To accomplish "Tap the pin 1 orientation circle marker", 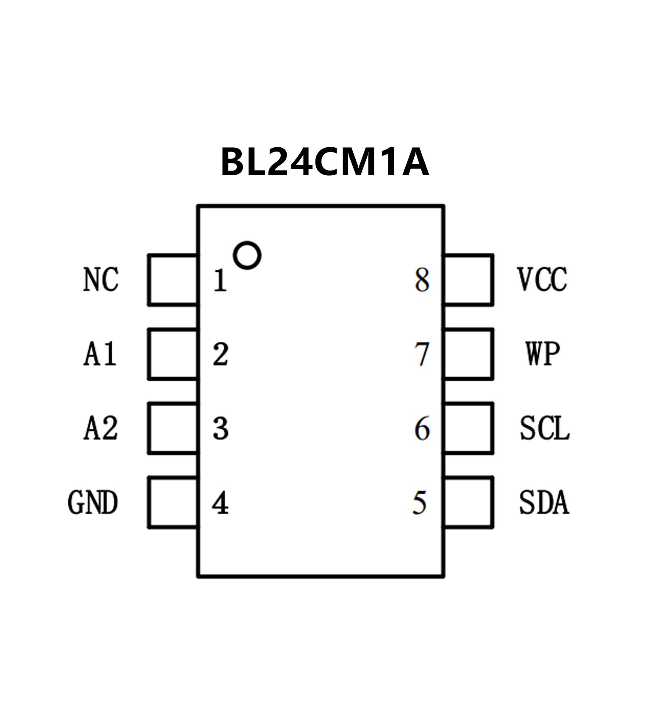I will point(247,256).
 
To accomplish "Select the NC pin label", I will point(101,280).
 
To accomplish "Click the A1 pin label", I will point(100,354).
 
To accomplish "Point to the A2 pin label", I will point(101,428).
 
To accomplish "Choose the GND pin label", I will point(93,503).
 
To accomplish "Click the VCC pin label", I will point(542,280).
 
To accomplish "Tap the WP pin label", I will point(543,354).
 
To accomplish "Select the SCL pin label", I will point(545,428).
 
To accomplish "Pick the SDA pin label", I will point(544,503).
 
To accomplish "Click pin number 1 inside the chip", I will point(220,280).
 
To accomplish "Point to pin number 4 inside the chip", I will point(220,503).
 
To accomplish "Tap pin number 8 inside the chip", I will point(422,280).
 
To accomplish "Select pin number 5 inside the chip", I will point(420,503).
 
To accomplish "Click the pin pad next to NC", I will point(173,280).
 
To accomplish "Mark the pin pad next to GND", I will point(173,503).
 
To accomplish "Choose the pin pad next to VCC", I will point(468,280).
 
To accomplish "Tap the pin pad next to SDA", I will point(468,503).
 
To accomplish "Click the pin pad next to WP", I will point(468,354).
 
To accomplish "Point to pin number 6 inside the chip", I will point(422,429).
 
